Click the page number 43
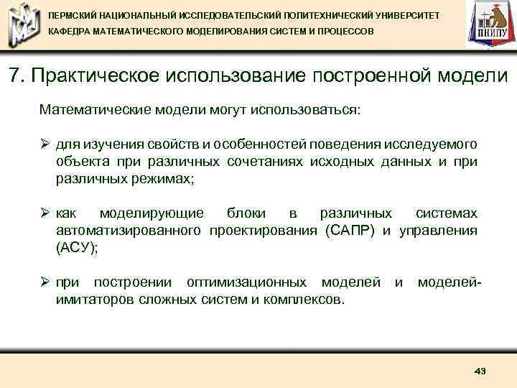pos(480,371)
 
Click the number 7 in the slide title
pos(15,75)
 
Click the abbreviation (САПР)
pos(350,231)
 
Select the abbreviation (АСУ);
pos(77,246)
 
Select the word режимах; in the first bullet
pos(162,178)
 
